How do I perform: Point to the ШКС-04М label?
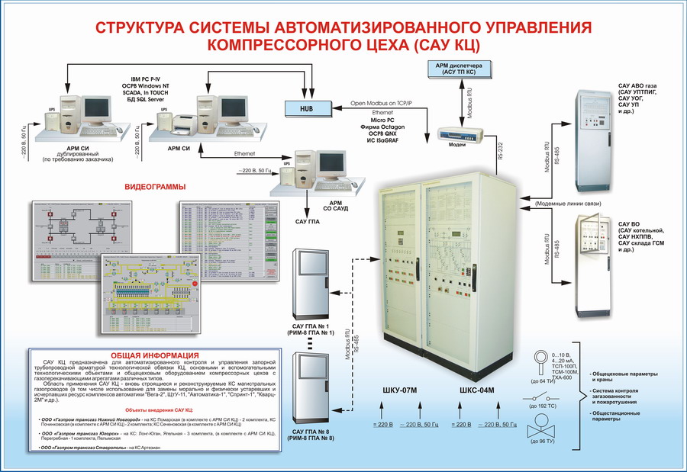coord(477,391)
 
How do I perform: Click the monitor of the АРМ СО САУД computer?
coord(331,164)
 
